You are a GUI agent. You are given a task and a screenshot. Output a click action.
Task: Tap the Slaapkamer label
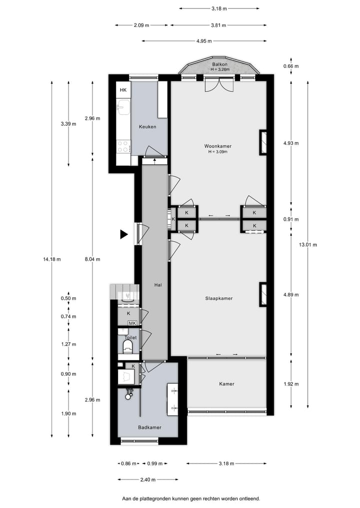(219, 298)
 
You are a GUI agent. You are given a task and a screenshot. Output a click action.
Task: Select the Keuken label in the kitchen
(147, 127)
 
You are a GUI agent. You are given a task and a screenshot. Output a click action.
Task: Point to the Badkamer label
(149, 427)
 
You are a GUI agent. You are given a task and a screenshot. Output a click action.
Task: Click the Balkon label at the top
(220, 64)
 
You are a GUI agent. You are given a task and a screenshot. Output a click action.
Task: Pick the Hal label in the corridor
(157, 285)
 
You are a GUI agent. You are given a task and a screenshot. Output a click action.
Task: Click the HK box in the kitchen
(123, 90)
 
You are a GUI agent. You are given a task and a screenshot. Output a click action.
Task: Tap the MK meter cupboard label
(132, 323)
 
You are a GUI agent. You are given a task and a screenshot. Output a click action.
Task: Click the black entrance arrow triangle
(123, 234)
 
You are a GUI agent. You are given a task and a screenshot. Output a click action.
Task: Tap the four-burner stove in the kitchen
(123, 146)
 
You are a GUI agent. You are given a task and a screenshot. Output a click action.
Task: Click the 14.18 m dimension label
(52, 259)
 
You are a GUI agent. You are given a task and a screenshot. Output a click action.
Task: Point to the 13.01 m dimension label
(308, 245)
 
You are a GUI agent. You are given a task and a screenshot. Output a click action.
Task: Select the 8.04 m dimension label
(92, 259)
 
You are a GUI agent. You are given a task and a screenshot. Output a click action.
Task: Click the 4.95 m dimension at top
(204, 40)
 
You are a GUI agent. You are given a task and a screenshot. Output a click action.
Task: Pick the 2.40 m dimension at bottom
(147, 480)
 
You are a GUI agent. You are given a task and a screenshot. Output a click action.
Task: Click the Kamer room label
(226, 384)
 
